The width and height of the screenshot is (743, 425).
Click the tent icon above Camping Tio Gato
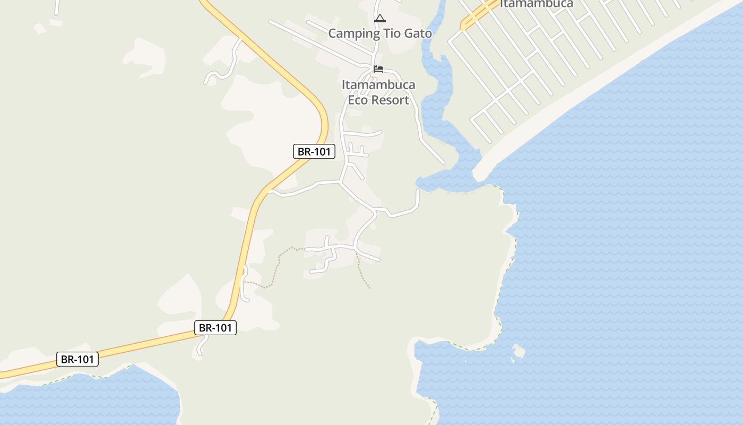coord(380,19)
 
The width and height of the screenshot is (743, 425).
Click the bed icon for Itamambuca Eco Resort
coord(378,69)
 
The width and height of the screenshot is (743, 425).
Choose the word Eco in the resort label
coord(358,100)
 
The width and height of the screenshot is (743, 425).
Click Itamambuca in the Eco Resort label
coord(378,85)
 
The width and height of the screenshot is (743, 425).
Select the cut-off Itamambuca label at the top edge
coord(537,4)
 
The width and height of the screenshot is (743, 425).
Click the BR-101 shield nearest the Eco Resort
coord(314,151)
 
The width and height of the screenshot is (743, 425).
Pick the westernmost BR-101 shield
coord(77,359)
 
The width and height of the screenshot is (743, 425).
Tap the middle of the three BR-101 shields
coord(215,328)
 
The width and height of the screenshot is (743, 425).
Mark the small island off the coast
coord(519,351)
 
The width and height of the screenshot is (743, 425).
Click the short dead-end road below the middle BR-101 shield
coord(201,345)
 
